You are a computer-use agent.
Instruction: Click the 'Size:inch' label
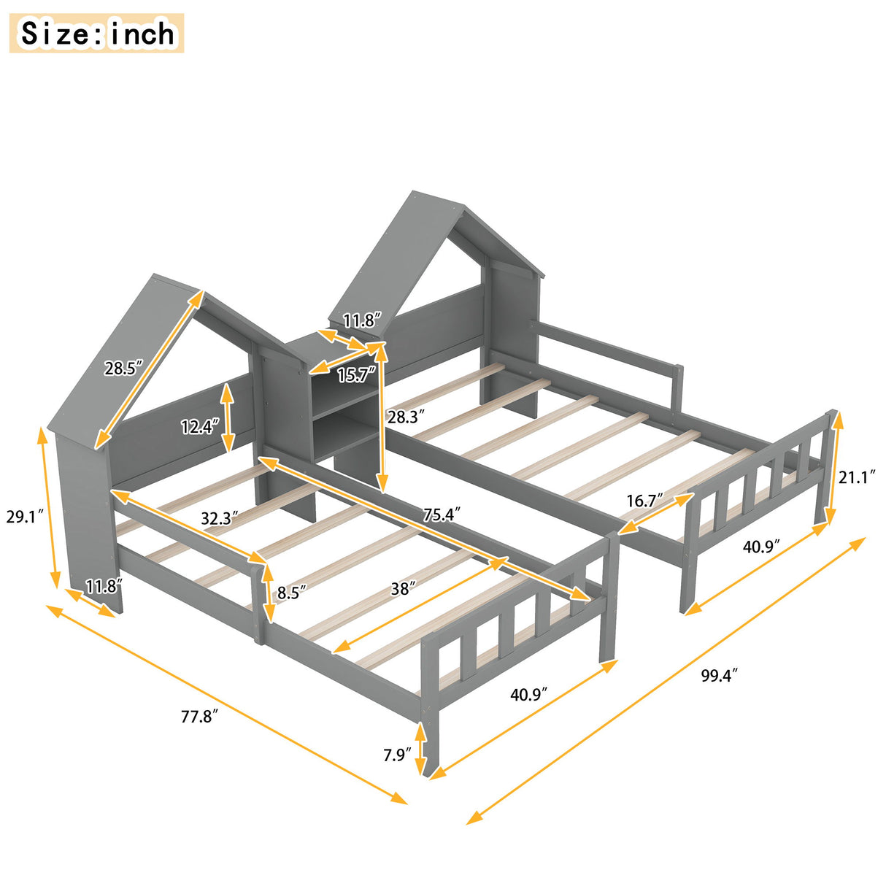pyautogui.click(x=96, y=34)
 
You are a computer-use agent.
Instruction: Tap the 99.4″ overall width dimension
pyautogui.click(x=719, y=676)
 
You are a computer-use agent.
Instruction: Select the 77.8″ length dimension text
pyautogui.click(x=199, y=717)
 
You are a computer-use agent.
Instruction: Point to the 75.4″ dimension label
pyautogui.click(x=442, y=515)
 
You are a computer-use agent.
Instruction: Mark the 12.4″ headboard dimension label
pyautogui.click(x=199, y=426)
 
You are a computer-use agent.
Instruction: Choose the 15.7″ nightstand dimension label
pyautogui.click(x=356, y=375)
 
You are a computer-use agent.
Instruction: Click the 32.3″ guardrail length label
pyautogui.click(x=220, y=518)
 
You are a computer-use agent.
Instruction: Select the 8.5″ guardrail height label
pyautogui.click(x=288, y=592)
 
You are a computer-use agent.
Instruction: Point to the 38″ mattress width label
pyautogui.click(x=402, y=588)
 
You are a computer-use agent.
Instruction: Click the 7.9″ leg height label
pyautogui.click(x=397, y=754)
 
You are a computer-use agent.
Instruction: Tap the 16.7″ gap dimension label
pyautogui.click(x=644, y=501)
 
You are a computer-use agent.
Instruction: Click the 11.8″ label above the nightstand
pyautogui.click(x=362, y=320)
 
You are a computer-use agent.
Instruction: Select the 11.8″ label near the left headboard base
pyautogui.click(x=103, y=586)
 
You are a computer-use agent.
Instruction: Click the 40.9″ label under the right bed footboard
pyautogui.click(x=761, y=546)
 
